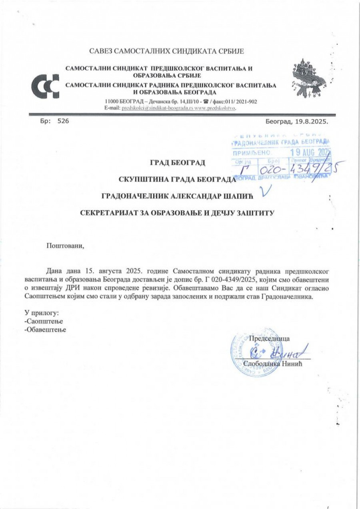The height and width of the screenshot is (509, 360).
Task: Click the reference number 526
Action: pos(63,121)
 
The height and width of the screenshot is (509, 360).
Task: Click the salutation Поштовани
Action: pos(66,246)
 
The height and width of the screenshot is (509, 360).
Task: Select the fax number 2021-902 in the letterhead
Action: pos(245,102)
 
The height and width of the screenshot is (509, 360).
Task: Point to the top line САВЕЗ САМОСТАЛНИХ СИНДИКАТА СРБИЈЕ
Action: pos(166,51)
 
